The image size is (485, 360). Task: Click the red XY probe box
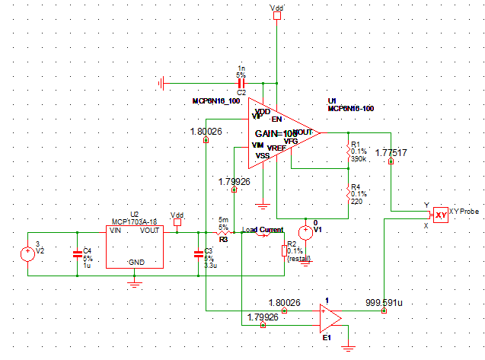tap(441, 215)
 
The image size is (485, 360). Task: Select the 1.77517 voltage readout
tap(391, 153)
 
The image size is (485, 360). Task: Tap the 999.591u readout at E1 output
tap(384, 302)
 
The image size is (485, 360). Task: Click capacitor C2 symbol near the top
tap(241, 82)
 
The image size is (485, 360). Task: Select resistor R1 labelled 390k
tap(349, 151)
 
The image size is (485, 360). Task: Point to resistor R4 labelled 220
tap(349, 194)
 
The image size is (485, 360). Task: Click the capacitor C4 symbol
tap(76, 253)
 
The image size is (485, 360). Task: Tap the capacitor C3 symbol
tap(199, 253)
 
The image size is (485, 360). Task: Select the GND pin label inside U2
tap(136, 262)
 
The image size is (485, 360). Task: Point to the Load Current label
tap(263, 230)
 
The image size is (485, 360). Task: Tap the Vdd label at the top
tap(276, 7)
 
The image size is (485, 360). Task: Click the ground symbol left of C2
tap(161, 82)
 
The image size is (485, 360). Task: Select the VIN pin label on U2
tap(116, 231)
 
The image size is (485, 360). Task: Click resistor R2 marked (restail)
tap(283, 251)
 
